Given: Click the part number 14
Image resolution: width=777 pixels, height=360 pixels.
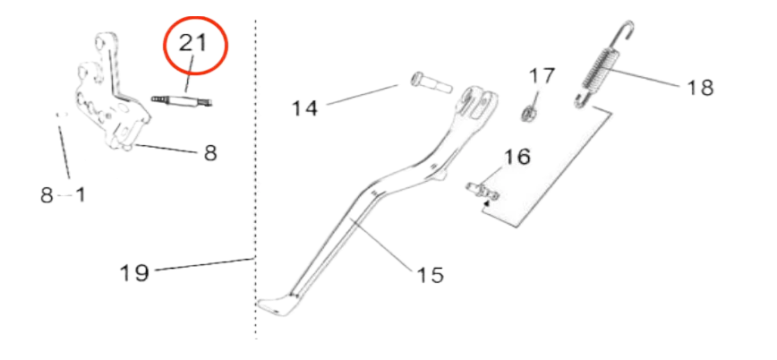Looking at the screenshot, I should (304, 108).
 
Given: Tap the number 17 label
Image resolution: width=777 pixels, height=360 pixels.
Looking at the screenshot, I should (542, 75).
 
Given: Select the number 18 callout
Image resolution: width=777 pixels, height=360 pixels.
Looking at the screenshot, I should (701, 86).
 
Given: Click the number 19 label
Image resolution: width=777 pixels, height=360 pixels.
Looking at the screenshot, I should (134, 271).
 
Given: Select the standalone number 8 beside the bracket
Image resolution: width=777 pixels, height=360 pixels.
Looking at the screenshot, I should (210, 152).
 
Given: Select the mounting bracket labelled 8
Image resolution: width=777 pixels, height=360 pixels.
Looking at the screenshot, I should (107, 99).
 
